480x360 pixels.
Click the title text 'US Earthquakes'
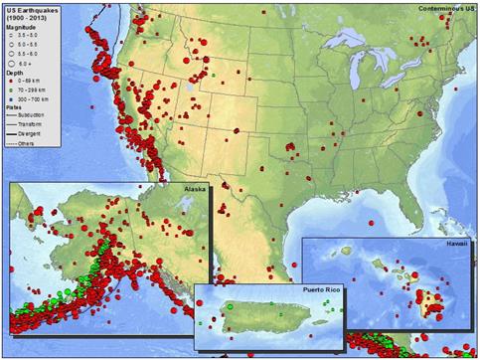[x=31, y=10]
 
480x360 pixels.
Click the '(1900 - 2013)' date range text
[x=29, y=19]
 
